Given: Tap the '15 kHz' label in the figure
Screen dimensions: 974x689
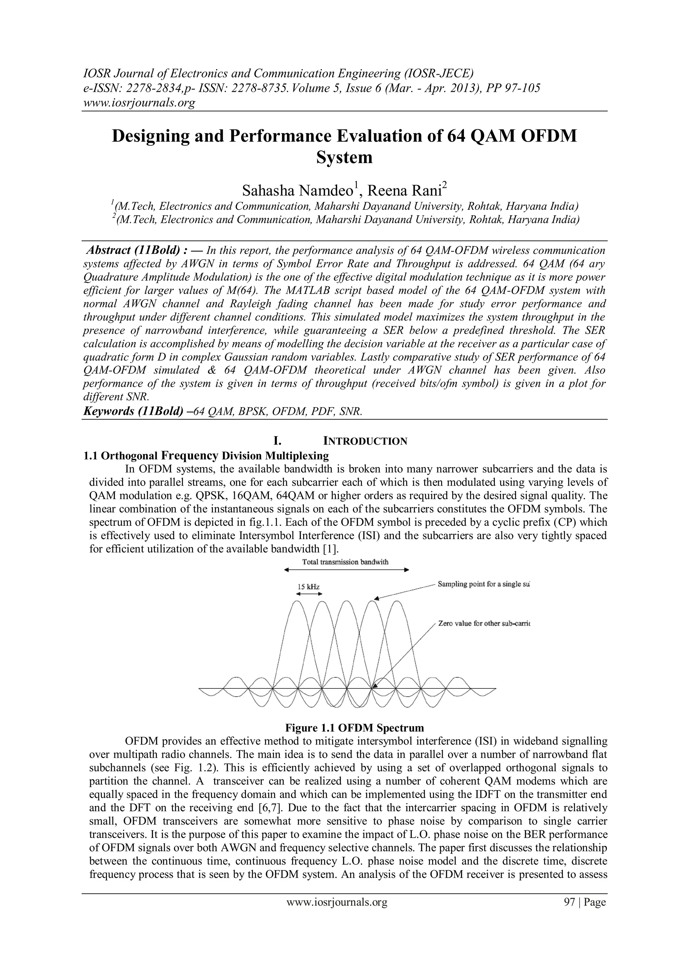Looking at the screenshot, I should pyautogui.click(x=309, y=587).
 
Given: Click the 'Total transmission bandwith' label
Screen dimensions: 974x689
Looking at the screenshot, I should pyautogui.click(x=345, y=562).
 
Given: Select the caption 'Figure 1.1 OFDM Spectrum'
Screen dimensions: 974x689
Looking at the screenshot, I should pyautogui.click(x=355, y=728).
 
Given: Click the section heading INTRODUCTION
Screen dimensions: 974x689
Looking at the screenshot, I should pyautogui.click(x=365, y=441).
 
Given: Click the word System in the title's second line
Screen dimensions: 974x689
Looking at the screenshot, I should pyautogui.click(x=344, y=158).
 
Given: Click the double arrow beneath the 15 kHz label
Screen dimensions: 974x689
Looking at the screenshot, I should pyautogui.click(x=309, y=594).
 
